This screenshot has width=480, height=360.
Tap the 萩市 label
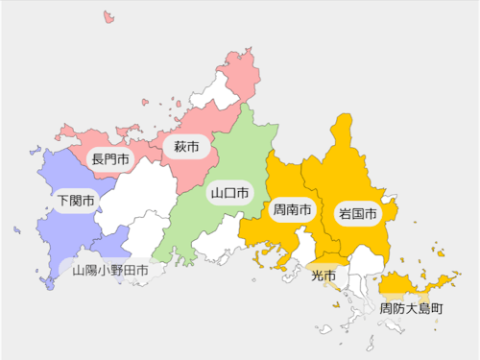186,147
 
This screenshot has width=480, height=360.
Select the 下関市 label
76,202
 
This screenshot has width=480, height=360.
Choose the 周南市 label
292,209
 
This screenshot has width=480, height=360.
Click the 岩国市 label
357,212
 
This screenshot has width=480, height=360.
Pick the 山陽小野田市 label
110,271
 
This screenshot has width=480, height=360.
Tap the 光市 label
324,276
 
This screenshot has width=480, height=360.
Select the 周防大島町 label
411,309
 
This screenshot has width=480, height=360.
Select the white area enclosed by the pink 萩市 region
213,92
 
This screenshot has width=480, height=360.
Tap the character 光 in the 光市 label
317,276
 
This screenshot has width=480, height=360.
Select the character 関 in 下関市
76,202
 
